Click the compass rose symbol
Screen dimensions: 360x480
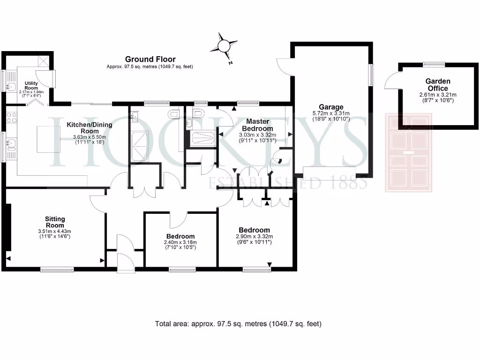224,46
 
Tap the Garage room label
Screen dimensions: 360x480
331,107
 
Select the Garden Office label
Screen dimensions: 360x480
437,85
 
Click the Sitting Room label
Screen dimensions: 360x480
55,222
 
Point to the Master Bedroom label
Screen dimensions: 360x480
257,125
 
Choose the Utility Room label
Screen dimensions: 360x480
31,86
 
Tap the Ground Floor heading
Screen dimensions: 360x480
150,59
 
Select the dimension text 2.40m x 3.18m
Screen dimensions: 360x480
180,242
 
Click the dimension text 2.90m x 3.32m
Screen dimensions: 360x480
254,236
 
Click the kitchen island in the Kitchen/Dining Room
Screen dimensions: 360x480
49,139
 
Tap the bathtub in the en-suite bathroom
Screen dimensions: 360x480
202,138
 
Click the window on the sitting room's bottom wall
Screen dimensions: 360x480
57,269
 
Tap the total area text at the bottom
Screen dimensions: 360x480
238,324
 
